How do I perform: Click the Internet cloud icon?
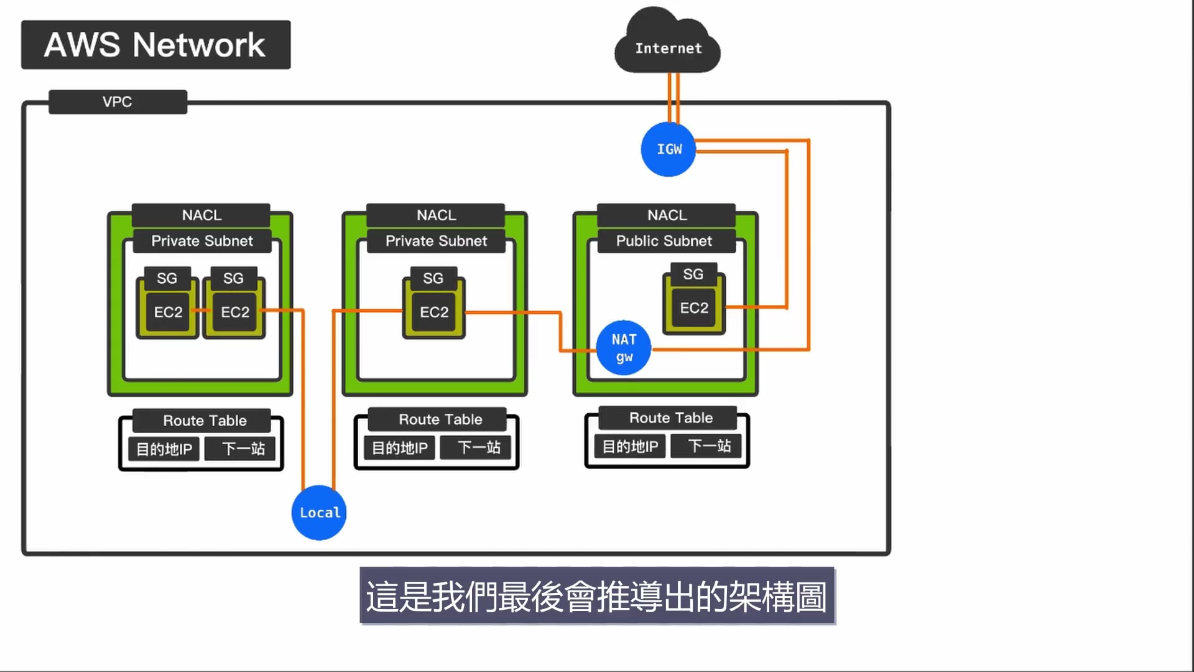coord(667,44)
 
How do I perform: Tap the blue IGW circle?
coord(669,149)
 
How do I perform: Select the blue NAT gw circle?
coord(623,348)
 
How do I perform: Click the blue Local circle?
coord(319,513)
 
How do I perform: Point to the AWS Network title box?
coord(155,45)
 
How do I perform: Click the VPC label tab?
coord(118,101)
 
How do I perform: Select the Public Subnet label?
coord(665,241)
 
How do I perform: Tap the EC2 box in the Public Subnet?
coord(694,308)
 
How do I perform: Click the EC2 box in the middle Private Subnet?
coord(434,312)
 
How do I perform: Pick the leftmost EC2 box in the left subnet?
coord(168,312)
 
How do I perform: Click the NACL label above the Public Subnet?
coord(667,215)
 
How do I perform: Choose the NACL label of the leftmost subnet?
coord(201,215)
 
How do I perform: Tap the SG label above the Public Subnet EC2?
coord(693,274)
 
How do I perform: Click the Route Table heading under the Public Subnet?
coord(670,418)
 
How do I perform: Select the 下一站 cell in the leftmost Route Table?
coord(243,449)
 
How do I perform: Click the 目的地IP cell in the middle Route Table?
coord(399,448)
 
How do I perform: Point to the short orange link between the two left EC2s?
coord(201,310)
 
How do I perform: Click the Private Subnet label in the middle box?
coord(436,241)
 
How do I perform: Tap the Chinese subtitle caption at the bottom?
coord(596,596)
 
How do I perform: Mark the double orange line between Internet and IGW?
coord(673,96)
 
